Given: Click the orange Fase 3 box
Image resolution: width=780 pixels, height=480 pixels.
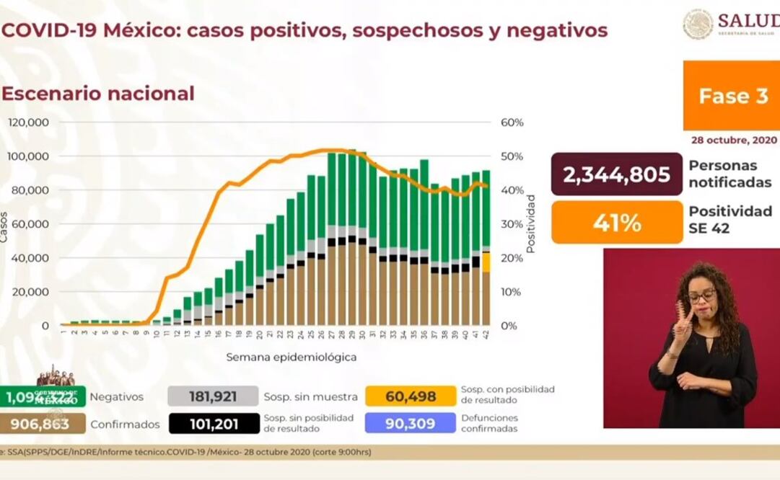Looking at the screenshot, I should pos(732,96).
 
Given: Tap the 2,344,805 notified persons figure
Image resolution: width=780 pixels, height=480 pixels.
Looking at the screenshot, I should pos(617,174).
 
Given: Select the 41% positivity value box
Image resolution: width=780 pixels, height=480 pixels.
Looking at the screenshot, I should pos(617,222).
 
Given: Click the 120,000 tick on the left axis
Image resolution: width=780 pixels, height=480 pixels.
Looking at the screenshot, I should pos(28,123).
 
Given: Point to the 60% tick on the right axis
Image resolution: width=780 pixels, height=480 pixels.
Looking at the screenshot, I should pos(512,123).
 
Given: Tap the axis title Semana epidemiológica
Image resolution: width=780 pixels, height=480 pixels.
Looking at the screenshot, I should pos(291,357).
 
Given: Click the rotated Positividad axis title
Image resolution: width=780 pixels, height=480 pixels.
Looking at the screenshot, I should pos(530,223).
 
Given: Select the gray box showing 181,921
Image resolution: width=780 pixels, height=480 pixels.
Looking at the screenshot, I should pos(213,396).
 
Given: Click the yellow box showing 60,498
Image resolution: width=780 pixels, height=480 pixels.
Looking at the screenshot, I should pos(411,396).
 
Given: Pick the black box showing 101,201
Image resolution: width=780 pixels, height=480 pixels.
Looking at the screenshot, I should pos(214,423).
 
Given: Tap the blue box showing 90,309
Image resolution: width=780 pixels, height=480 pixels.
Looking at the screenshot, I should pos(411,423).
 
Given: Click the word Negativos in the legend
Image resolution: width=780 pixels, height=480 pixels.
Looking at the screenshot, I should pos(117,396).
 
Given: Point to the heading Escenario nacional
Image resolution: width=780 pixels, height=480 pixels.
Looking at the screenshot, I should pos(98,94).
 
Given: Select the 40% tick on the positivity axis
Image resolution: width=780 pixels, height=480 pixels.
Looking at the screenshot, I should pos(512,190).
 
